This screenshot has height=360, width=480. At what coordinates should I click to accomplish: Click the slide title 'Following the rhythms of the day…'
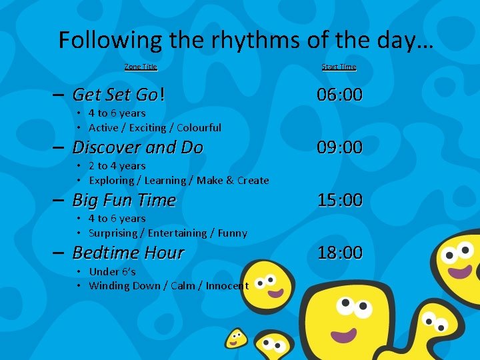(246, 40)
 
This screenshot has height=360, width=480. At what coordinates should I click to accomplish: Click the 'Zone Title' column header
(141, 67)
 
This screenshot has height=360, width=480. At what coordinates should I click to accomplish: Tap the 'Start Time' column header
(339, 67)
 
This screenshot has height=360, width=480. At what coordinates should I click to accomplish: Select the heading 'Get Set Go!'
(119, 95)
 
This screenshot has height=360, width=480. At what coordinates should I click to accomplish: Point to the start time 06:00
(340, 95)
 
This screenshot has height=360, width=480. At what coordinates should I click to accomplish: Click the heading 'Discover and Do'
(137, 147)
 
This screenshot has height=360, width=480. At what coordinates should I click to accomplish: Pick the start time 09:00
(340, 147)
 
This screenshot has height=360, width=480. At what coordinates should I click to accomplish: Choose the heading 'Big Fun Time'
(124, 200)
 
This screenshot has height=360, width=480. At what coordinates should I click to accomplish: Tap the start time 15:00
(340, 200)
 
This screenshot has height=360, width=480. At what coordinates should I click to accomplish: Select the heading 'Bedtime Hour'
(128, 253)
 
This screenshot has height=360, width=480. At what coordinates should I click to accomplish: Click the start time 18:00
(340, 253)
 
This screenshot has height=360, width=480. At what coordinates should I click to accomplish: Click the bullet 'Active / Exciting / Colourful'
(155, 127)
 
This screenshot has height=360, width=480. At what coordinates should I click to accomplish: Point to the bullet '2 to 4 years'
(117, 165)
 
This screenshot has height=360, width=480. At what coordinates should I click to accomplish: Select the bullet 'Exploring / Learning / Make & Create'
(179, 180)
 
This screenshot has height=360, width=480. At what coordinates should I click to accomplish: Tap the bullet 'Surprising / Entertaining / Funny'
(167, 233)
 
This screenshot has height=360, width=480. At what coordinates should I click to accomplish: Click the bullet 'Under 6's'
(112, 271)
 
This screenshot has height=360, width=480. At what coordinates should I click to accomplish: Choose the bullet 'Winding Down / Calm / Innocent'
(168, 286)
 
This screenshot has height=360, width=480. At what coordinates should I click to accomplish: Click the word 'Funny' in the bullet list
(233, 233)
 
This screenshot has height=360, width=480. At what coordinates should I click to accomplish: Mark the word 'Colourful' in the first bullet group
(199, 127)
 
